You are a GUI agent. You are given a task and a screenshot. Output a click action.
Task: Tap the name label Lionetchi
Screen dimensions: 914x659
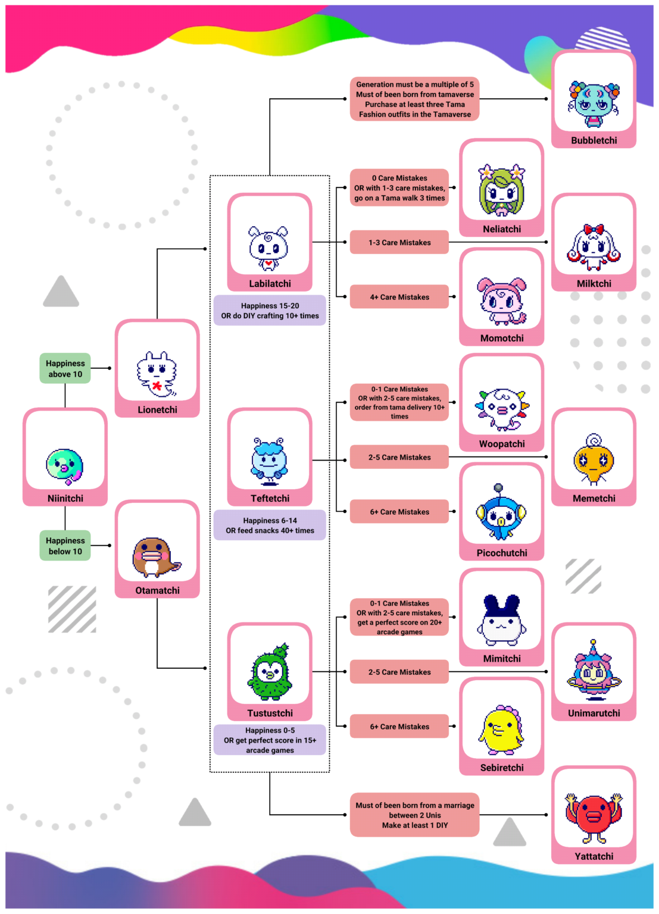coord(157,409)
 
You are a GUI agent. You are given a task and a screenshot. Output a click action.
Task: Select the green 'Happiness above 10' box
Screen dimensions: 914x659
coord(65,368)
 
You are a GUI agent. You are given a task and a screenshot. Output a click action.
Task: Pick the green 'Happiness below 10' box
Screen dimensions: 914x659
coord(65,546)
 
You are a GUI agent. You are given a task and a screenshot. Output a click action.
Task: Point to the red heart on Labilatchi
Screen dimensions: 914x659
coord(269,262)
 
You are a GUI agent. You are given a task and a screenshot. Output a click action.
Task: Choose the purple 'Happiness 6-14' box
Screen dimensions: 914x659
coord(270,525)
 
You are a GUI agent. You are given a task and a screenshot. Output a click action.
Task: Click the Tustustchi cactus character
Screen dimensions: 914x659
coord(270,672)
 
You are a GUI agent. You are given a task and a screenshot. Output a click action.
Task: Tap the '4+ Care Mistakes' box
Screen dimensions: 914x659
coord(399,297)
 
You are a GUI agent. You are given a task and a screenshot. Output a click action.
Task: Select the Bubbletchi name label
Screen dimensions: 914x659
coord(594,140)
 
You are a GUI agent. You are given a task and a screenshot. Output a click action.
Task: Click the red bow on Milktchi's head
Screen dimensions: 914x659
coord(594,230)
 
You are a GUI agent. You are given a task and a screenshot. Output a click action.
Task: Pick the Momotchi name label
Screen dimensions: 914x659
coord(502,338)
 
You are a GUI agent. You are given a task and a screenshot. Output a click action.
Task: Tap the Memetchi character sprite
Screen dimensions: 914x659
coord(594,459)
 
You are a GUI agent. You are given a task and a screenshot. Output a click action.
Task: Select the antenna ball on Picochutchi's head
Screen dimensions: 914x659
coord(499,488)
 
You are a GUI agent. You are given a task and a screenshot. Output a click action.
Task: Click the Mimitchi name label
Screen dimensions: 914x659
coord(502,659)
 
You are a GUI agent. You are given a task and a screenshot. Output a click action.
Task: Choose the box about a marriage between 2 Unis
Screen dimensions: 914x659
coord(415,815)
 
